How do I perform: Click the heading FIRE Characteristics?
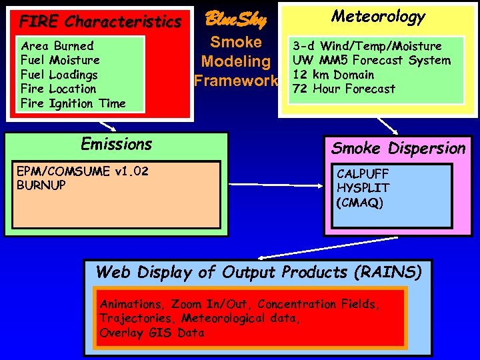[x=100, y=21]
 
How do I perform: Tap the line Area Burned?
[x=57, y=46]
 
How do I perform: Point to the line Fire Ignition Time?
[x=73, y=103]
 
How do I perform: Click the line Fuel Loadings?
[x=59, y=75]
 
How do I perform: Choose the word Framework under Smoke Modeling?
[x=236, y=81]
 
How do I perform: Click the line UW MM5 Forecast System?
[x=371, y=60]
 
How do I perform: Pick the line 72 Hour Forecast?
[x=344, y=89]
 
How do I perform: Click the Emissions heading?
[x=116, y=144]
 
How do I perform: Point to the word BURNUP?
[x=41, y=185]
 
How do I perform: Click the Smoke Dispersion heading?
[x=398, y=148]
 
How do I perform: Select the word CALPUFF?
[x=363, y=174]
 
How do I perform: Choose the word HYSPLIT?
[x=363, y=188]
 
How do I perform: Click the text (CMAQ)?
[x=360, y=202]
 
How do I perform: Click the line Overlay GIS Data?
[x=152, y=333]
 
